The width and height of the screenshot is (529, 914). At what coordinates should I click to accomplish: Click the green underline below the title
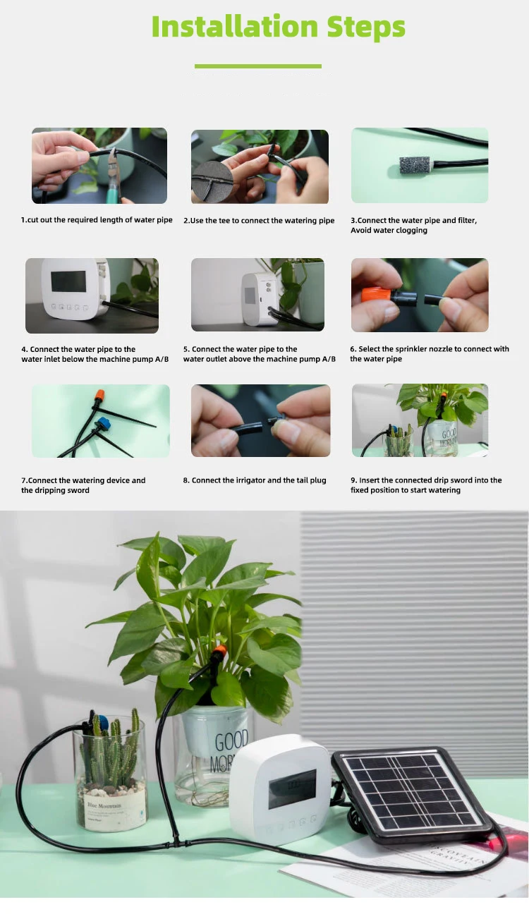tap(257, 66)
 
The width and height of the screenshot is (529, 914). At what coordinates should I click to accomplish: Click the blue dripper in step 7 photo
tap(104, 424)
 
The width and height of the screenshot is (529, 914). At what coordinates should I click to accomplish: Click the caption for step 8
tap(255, 480)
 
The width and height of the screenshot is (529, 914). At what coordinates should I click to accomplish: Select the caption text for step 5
tap(259, 354)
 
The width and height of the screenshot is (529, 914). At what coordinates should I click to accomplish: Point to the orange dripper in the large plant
tap(219, 650)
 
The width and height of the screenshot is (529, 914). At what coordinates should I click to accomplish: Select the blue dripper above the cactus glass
tap(101, 721)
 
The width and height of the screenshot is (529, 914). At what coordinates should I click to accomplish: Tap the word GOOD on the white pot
tap(231, 743)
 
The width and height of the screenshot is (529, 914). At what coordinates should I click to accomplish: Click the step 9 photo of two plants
tap(420, 420)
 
